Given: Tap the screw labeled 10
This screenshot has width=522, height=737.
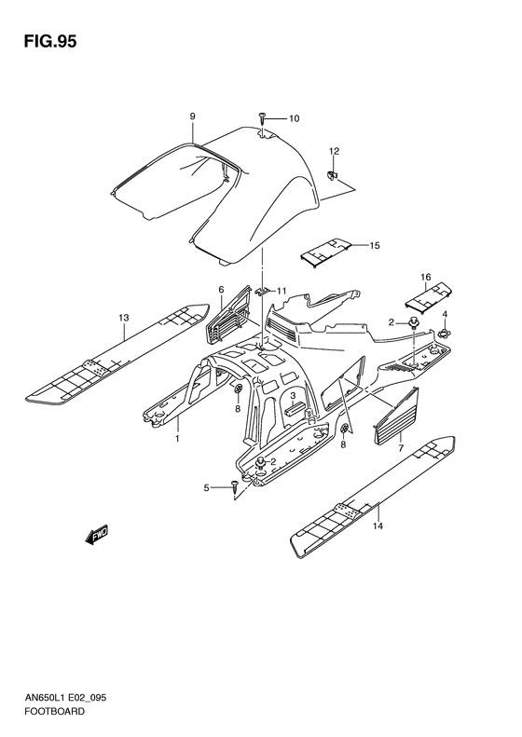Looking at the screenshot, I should pyautogui.click(x=263, y=118).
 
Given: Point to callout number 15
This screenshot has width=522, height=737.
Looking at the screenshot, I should pyautogui.click(x=374, y=246).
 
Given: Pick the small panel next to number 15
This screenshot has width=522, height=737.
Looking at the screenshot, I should pyautogui.click(x=325, y=248).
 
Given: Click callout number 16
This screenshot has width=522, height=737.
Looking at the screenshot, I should pyautogui.click(x=424, y=277).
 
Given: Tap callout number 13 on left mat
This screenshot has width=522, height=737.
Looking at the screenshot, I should pyautogui.click(x=123, y=318).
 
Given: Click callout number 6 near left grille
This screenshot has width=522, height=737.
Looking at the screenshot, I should pyautogui.click(x=221, y=290).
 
